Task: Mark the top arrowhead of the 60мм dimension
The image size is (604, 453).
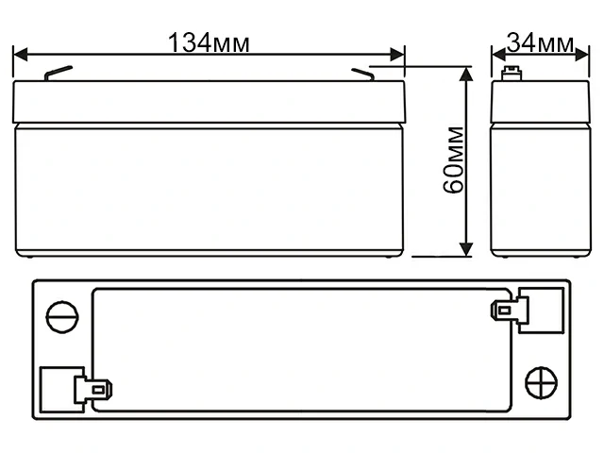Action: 466,75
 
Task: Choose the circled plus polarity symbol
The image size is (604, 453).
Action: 541,383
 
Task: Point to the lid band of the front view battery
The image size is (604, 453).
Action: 210,102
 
